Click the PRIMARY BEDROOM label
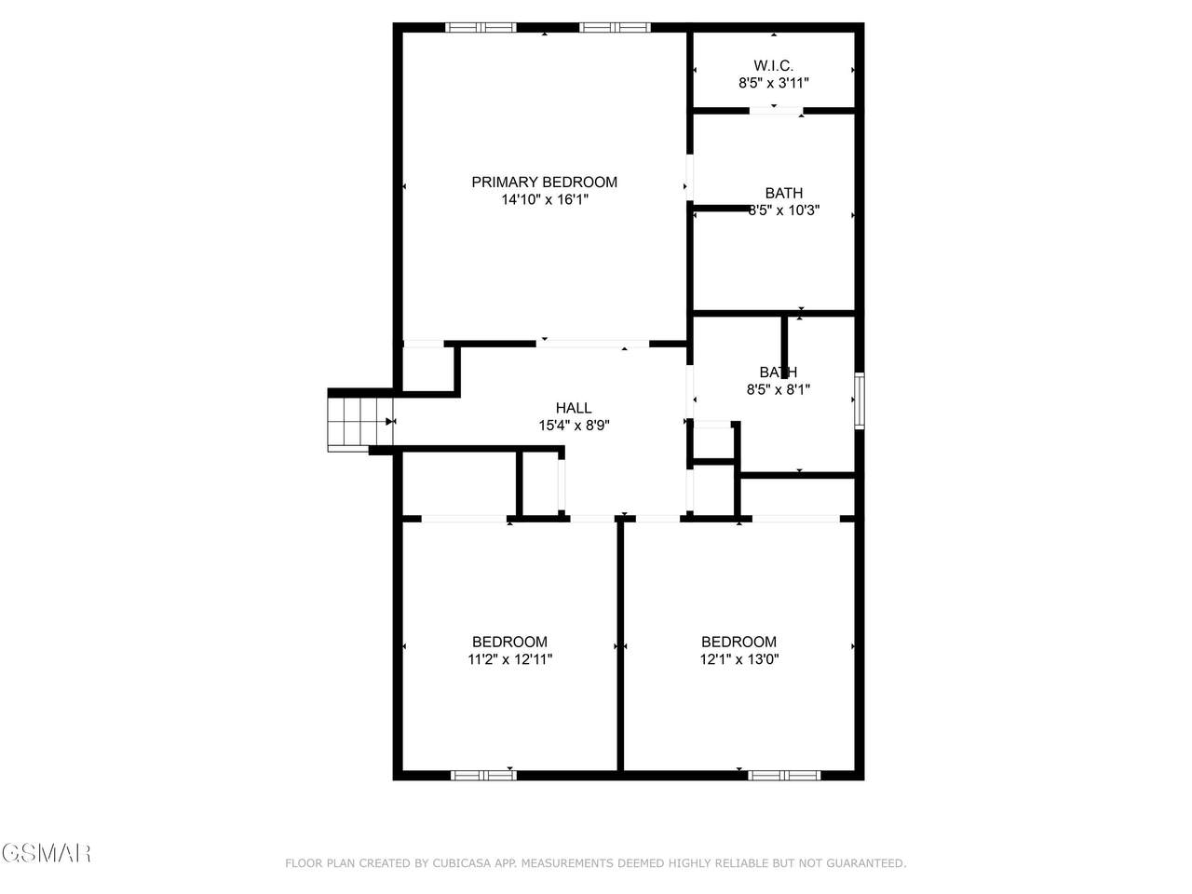pyautogui.click(x=544, y=182)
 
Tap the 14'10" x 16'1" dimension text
pyautogui.click(x=545, y=199)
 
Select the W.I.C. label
pyautogui.click(x=773, y=66)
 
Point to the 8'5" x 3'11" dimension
pyautogui.click(x=773, y=83)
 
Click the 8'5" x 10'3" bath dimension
pyautogui.click(x=783, y=210)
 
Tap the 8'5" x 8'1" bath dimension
pyautogui.click(x=779, y=389)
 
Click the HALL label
pyautogui.click(x=574, y=408)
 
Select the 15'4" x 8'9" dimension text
pyautogui.click(x=574, y=425)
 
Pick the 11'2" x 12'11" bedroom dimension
pyautogui.click(x=510, y=659)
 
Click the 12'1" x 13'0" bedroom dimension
pyautogui.click(x=739, y=659)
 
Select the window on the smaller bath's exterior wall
pyautogui.click(x=860, y=400)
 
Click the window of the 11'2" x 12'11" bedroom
pyautogui.click(x=484, y=775)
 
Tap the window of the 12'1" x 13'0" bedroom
pyautogui.click(x=784, y=775)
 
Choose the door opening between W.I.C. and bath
pyautogui.click(x=776, y=111)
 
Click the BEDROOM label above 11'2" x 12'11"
pyautogui.click(x=509, y=643)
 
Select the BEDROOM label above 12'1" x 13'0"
pyautogui.click(x=738, y=643)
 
